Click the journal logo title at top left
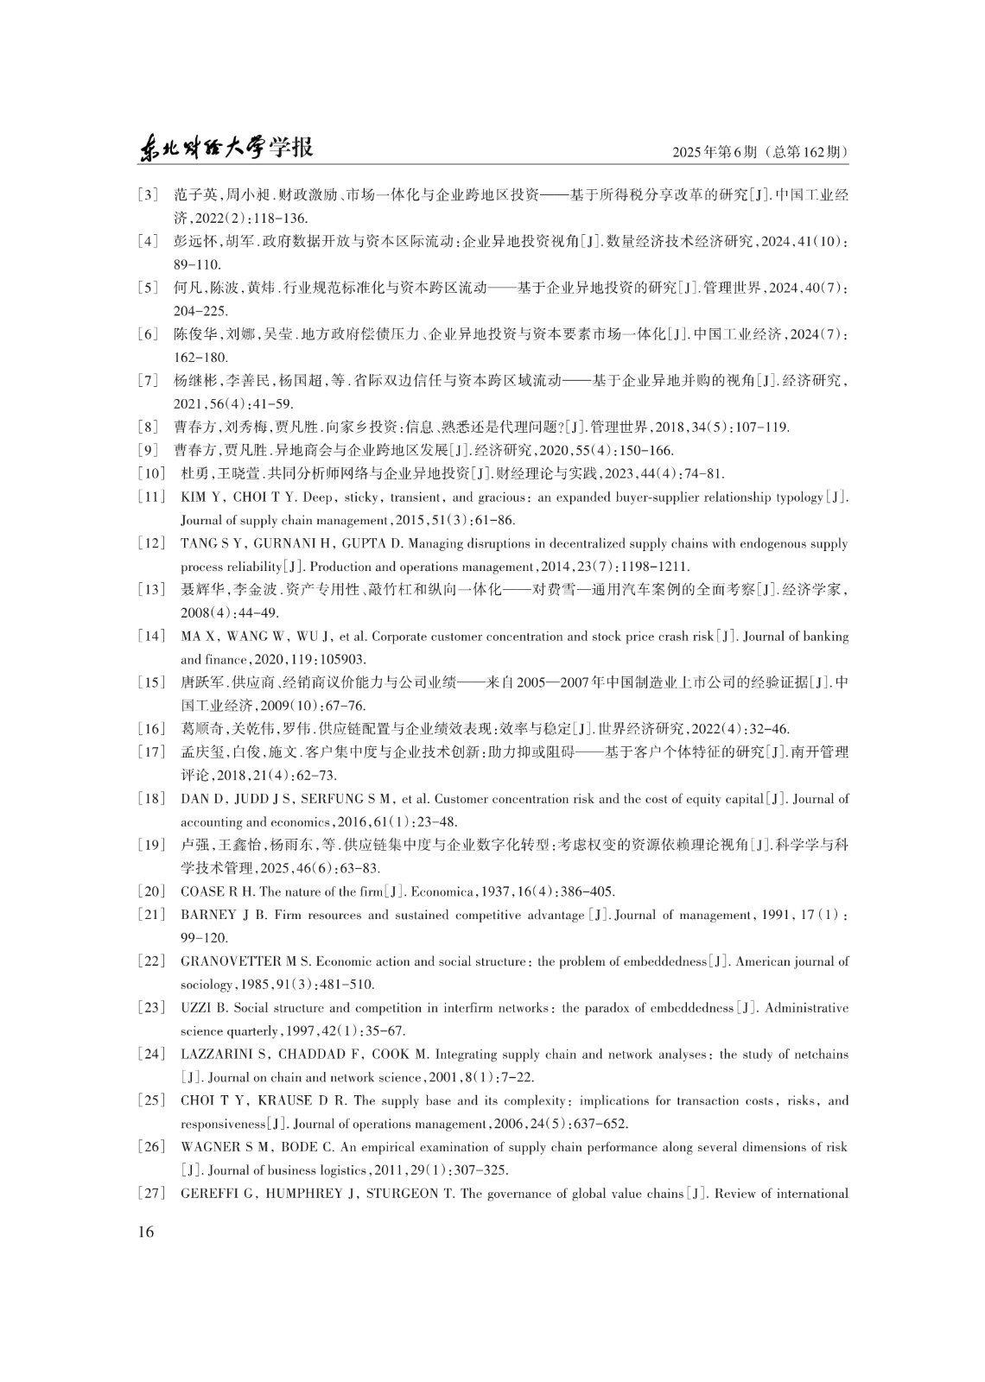[226, 149]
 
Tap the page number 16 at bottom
[145, 1232]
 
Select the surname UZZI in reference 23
[194, 1008]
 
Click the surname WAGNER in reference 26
[207, 1148]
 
